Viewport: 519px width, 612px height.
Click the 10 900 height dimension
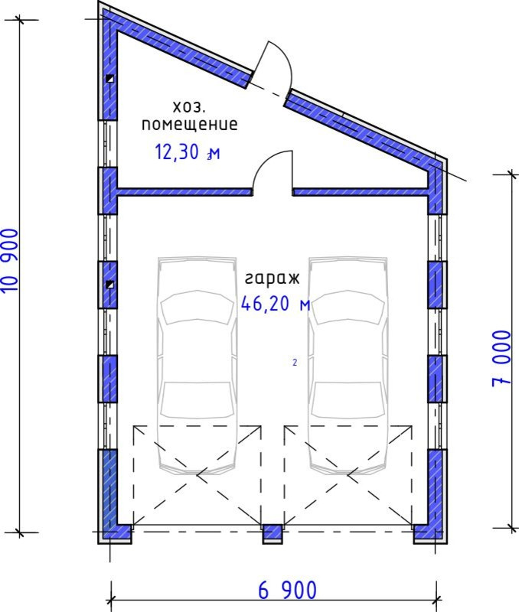pos(10,261)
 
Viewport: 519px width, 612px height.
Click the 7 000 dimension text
pos(501,359)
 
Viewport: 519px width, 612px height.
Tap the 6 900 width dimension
pos(287,590)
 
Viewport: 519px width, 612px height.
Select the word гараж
pos(273,278)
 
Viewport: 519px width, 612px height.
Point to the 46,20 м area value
pos(276,304)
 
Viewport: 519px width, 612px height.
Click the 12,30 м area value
pos(188,151)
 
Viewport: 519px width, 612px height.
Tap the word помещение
pos(189,124)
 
